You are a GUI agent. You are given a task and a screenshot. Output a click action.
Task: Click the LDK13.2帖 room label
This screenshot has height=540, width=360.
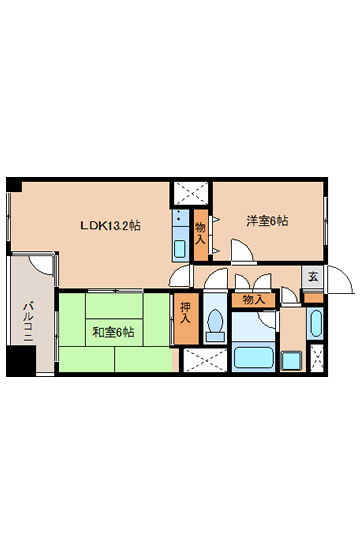pos(110,226)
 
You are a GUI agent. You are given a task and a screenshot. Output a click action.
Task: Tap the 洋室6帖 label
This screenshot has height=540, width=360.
pos(267,221)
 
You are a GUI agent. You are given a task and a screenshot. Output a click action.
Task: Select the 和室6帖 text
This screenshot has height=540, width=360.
pos(113,332)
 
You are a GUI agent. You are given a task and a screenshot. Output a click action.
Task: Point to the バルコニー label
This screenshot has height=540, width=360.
pos(28,322)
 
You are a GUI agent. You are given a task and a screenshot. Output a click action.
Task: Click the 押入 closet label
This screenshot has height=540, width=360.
pos(185,313)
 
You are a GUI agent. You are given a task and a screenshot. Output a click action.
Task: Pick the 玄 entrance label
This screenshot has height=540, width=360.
pos(313,277)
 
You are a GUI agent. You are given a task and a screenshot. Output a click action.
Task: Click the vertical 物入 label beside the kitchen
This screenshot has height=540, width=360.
pos(200,233)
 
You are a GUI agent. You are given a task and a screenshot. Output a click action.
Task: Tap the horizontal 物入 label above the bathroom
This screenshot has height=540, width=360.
pos(254,300)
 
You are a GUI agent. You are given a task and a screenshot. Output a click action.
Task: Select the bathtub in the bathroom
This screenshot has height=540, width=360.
pos(254,357)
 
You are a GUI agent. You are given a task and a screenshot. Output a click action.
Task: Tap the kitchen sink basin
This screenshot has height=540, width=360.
pos(180,249)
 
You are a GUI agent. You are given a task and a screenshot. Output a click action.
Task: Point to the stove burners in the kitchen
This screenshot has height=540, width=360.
pos(180,217)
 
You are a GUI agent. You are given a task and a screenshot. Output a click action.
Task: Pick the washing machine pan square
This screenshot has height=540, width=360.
pos(292,361)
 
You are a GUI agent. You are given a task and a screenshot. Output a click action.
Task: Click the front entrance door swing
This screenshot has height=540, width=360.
pos(340,279)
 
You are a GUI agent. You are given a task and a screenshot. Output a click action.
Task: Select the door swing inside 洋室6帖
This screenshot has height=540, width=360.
pos(242,250)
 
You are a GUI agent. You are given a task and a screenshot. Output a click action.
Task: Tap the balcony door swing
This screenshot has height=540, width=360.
pos(42,264)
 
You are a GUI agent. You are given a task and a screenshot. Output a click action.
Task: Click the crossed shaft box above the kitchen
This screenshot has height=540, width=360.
pos(191,193)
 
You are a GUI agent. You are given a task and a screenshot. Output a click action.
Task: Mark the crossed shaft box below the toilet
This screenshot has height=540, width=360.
pos(205,360)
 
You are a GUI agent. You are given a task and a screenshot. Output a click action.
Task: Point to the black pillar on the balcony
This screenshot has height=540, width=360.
pos(21,361)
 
